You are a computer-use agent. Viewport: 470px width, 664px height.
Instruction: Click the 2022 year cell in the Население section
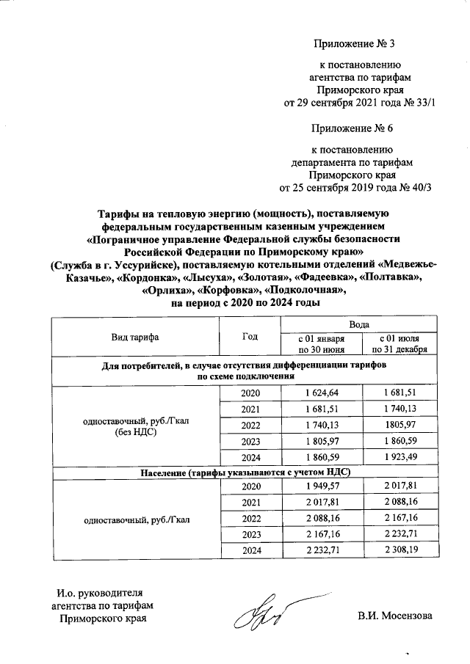[250, 519]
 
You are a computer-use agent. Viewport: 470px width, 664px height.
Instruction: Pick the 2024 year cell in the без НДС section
[250, 456]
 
